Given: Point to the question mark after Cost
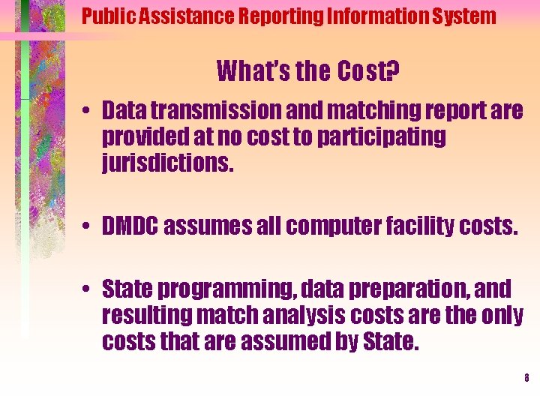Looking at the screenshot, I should pyautogui.click(x=392, y=72).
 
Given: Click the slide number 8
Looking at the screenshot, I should pyautogui.click(x=526, y=378).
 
